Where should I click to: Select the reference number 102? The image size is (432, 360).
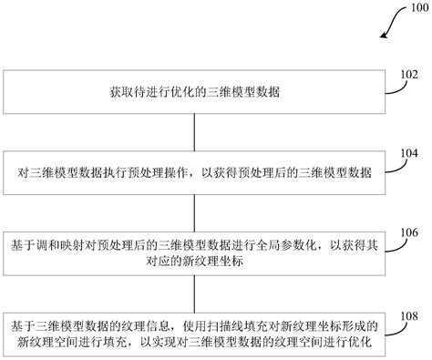click(406, 78)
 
